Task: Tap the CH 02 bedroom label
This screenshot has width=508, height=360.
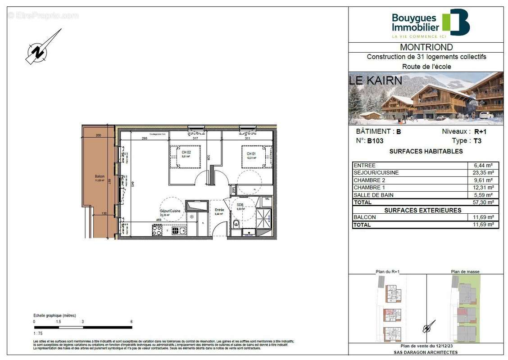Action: (x=185, y=153)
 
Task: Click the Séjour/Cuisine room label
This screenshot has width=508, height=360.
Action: (x=170, y=211)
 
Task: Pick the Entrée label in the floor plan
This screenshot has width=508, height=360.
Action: (x=219, y=210)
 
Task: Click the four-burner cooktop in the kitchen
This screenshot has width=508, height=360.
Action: (x=157, y=230)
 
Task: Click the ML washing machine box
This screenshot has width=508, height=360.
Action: (x=268, y=198)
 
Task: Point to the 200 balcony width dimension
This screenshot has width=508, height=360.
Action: (x=99, y=135)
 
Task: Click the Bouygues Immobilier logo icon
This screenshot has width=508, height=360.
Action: (x=456, y=22)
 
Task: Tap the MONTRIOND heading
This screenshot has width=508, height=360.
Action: (x=426, y=47)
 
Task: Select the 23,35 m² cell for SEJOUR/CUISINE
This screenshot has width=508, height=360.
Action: (x=484, y=173)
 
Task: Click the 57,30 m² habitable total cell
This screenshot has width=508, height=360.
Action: (x=484, y=202)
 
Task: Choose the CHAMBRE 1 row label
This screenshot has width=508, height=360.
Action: (x=369, y=188)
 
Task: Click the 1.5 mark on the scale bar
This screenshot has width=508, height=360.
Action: (x=59, y=322)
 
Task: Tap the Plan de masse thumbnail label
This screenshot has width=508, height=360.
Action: (x=465, y=271)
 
